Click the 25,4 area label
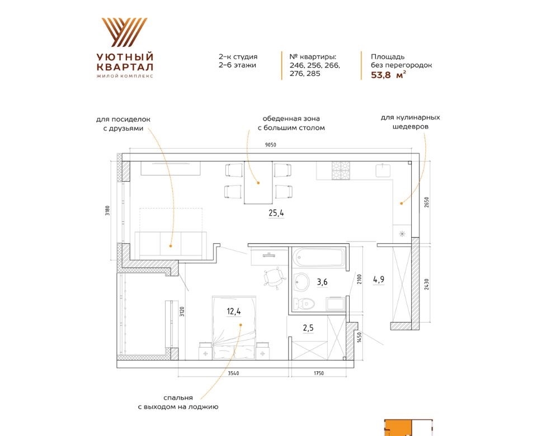click(276, 213)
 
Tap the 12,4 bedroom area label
click(234, 311)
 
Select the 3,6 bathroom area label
click(322, 282)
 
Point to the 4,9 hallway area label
click(379, 279)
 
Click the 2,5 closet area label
click(308, 328)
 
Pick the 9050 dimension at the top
click(270, 145)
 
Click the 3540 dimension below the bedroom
click(234, 373)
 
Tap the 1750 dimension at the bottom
click(319, 373)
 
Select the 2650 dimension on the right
click(426, 202)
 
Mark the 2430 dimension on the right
click(426, 284)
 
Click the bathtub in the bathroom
click(319, 257)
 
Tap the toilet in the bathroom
click(304, 303)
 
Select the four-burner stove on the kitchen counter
click(341, 170)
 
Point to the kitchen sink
click(384, 170)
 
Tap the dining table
click(258, 183)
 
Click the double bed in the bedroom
click(234, 328)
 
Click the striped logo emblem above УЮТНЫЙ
click(125, 32)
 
